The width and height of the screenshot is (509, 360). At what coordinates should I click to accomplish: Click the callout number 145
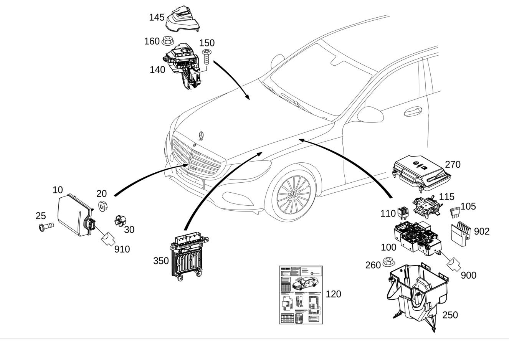click(x=157, y=17)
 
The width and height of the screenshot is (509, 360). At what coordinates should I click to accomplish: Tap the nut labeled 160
click(x=166, y=40)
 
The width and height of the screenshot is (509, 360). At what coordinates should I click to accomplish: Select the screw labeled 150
click(x=207, y=57)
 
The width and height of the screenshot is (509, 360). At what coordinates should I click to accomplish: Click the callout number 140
click(x=157, y=70)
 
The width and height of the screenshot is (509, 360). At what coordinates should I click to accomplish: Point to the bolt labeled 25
click(x=45, y=226)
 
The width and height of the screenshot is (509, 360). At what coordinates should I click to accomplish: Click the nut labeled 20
click(x=102, y=206)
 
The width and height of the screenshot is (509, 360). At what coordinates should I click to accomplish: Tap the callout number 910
click(x=122, y=249)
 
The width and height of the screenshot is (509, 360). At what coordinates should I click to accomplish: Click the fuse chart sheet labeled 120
click(x=301, y=295)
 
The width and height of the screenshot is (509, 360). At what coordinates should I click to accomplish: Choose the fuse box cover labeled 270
click(x=421, y=171)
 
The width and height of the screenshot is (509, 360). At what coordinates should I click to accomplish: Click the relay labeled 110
click(x=402, y=213)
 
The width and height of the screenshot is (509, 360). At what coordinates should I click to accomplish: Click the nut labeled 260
click(x=388, y=262)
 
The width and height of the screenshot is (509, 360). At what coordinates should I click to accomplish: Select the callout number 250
click(x=450, y=315)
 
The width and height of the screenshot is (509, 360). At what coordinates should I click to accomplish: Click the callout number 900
click(x=468, y=275)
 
